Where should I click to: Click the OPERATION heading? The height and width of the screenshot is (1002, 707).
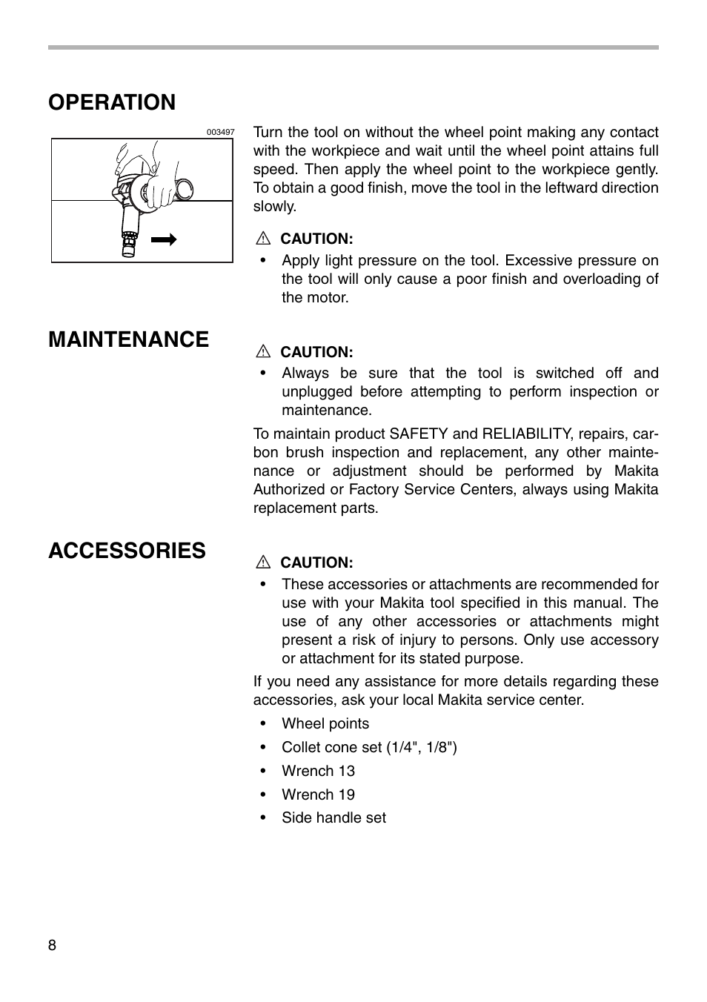[112, 102]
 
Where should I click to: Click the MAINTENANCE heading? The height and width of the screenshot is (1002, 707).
[128, 339]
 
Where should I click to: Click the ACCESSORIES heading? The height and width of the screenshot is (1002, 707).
[127, 551]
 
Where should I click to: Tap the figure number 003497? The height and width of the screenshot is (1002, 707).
[220, 132]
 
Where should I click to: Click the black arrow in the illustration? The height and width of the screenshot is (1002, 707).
[164, 239]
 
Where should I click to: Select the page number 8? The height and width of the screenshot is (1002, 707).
[52, 945]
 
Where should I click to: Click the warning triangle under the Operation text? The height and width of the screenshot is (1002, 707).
[262, 239]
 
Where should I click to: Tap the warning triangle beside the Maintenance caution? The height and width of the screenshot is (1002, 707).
[262, 352]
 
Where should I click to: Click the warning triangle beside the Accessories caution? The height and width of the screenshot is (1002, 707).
[262, 563]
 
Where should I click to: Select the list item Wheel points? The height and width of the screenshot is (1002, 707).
[325, 724]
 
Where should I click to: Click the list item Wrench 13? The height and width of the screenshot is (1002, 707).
[318, 772]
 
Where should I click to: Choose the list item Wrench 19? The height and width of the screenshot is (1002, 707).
[318, 795]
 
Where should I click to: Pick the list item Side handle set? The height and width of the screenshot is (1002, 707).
[333, 818]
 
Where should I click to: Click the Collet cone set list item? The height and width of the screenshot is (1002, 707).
[369, 748]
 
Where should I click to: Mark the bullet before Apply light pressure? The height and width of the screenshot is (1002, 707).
[262, 261]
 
